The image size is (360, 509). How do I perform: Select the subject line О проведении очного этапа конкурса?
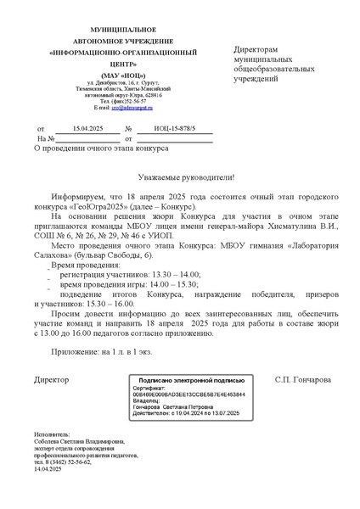pyautogui.click(x=101, y=148)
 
